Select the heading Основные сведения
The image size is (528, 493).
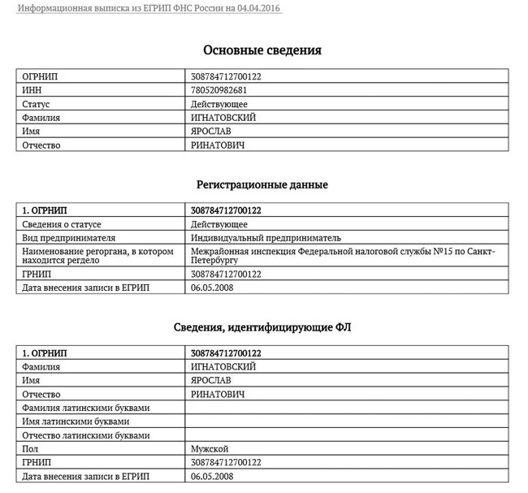[x=262, y=50]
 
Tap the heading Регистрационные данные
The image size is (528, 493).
[x=262, y=184]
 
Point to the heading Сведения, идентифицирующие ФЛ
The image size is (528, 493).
[x=262, y=327]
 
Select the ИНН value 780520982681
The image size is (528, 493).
[x=219, y=90]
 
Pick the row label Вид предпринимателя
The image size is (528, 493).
[x=69, y=238]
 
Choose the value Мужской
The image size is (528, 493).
[x=209, y=448]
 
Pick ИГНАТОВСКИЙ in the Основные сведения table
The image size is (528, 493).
[x=223, y=118]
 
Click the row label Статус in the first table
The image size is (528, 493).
[x=36, y=104]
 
